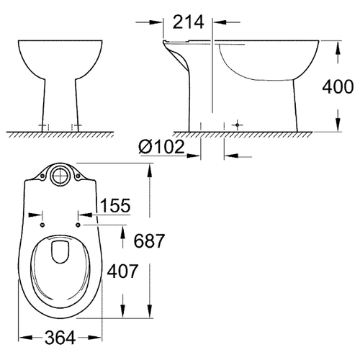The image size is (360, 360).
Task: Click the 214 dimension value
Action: click(x=188, y=22)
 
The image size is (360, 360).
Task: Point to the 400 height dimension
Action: click(x=338, y=86)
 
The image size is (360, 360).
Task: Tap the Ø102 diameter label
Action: click(x=161, y=146)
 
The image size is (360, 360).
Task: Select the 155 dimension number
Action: click(x=115, y=205)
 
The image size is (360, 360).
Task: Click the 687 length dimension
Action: click(x=149, y=240)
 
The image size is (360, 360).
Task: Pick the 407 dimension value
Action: click(x=122, y=271)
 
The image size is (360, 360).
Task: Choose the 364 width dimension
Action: click(x=60, y=338)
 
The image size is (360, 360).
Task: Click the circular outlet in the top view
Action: click(x=60, y=176)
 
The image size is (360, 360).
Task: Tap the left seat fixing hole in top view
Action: click(x=42, y=225)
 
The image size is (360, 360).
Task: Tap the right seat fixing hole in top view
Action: click(x=78, y=225)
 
